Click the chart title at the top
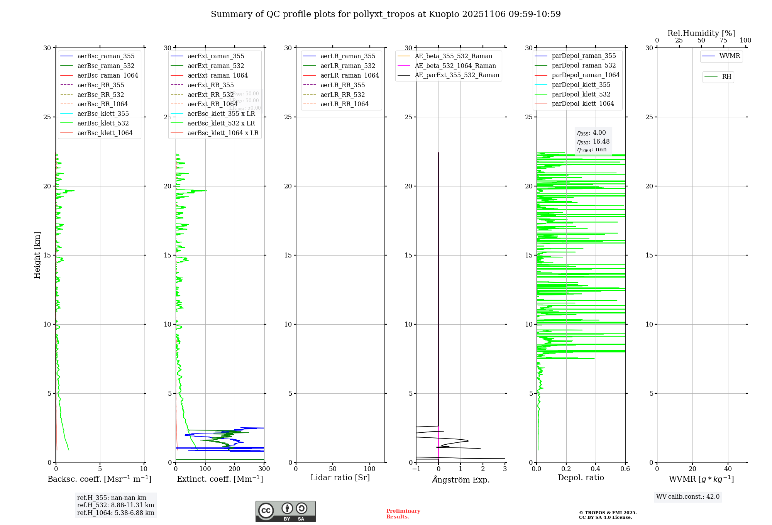386,14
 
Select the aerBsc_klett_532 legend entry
103,123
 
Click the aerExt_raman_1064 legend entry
217,75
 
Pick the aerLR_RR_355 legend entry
342,85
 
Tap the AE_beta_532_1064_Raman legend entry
455,66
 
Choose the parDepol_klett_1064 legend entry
582,103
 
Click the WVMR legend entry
730,56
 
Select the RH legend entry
726,77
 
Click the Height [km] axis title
37,255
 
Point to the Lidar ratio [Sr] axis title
340,478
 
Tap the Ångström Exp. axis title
460,479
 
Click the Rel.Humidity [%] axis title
701,33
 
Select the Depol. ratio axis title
581,478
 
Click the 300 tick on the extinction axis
264,469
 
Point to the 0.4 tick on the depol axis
596,469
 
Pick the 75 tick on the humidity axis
723,41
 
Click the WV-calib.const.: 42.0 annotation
687,496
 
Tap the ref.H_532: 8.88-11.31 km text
115,505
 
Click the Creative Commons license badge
285,511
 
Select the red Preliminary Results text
403,513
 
